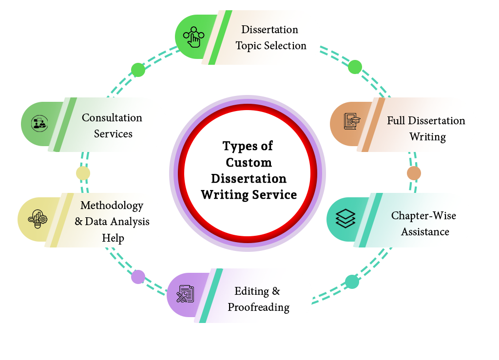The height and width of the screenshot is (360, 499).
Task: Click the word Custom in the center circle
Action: click(x=249, y=162)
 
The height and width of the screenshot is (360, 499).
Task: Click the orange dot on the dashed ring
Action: click(x=414, y=173)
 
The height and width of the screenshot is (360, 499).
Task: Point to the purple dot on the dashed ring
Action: click(x=138, y=277)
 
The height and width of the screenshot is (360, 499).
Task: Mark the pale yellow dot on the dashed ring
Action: click(x=83, y=173)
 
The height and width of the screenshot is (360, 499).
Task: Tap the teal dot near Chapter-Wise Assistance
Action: click(x=352, y=282)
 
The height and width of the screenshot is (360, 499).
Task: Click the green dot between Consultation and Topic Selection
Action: click(x=138, y=70)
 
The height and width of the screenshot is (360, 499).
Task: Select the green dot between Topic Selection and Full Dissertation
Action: click(x=355, y=67)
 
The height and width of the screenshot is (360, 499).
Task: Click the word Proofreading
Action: click(x=258, y=307)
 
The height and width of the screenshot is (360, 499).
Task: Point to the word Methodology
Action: click(x=112, y=206)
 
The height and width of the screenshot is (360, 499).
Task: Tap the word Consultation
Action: click(x=112, y=118)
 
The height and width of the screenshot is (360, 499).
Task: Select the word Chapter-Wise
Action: click(x=423, y=215)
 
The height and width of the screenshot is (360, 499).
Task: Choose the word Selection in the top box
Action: click(x=286, y=46)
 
